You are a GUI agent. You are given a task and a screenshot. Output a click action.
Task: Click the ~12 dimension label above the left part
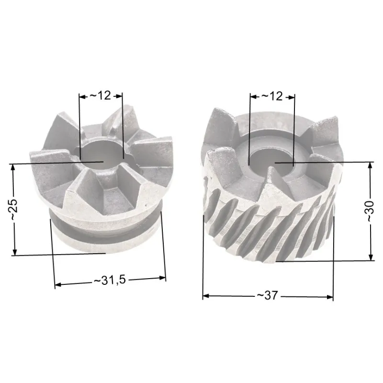[x=101, y=95]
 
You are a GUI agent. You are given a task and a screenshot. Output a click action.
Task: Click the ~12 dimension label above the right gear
[x=272, y=96]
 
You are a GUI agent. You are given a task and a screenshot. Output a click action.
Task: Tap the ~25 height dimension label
[x=14, y=209]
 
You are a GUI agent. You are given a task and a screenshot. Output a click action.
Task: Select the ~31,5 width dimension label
[x=110, y=280]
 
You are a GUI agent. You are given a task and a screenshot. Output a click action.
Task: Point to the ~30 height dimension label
[x=370, y=211]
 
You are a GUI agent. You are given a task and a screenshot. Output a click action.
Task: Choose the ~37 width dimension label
[x=267, y=295]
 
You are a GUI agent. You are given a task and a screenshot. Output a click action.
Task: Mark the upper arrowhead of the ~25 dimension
[x=14, y=167]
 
